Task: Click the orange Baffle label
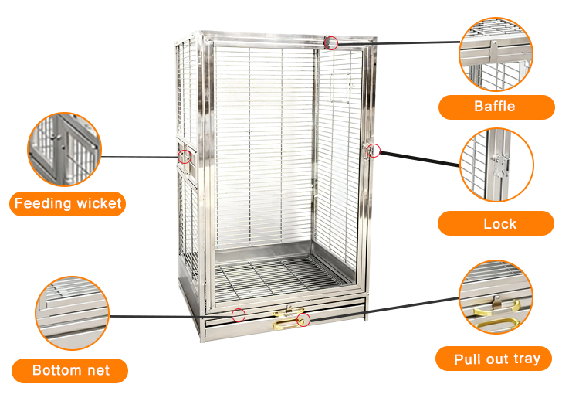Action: click(x=496, y=107)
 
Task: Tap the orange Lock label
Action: click(x=496, y=223)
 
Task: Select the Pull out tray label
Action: click(x=493, y=359)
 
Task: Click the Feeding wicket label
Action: click(x=68, y=204)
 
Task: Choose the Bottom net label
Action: click(x=69, y=371)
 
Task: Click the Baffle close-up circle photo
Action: click(x=496, y=54)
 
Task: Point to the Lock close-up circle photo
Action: click(x=496, y=165)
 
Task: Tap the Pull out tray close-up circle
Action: click(x=496, y=297)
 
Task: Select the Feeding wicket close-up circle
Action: click(x=64, y=149)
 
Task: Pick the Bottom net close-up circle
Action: click(x=73, y=313)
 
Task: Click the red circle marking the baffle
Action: click(x=331, y=43)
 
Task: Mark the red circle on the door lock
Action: click(x=374, y=151)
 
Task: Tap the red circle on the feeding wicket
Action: click(x=185, y=157)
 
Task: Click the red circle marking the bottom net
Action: click(x=239, y=315)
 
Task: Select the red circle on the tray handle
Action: click(x=303, y=320)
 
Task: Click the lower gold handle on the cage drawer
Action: click(x=286, y=325)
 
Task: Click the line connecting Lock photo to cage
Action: click(x=420, y=158)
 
